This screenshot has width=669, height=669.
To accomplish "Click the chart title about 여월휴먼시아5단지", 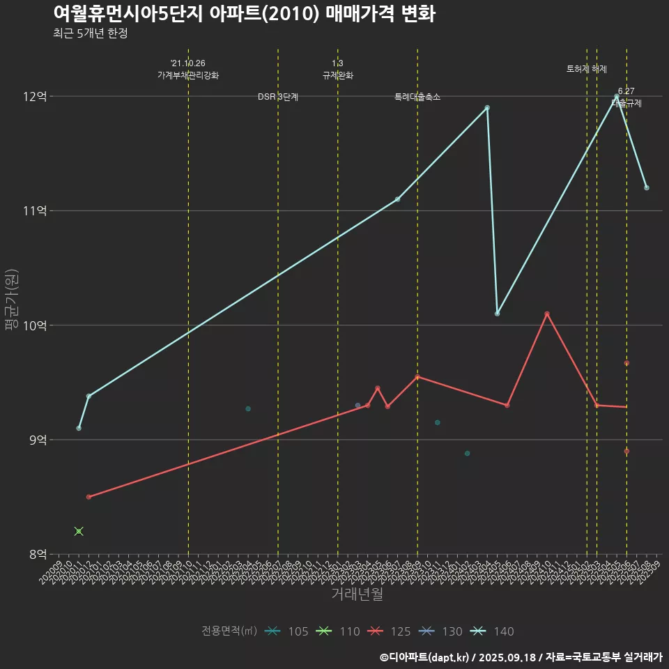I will coord(244,14).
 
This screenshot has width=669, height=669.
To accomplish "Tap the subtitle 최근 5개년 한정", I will coord(90,33).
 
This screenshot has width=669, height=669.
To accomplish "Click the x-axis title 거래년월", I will coord(357,594).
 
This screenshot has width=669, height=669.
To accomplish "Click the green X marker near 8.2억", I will coord(79,531).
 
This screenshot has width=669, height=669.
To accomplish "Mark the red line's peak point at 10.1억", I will coord(547,314).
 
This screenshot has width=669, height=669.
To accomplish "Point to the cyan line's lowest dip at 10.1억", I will coord(497,314).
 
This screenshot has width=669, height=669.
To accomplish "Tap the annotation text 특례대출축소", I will coord(417,97).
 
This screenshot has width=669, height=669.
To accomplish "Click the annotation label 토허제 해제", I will coord(587,69).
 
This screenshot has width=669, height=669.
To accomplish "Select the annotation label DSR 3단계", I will coord(278,97).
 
